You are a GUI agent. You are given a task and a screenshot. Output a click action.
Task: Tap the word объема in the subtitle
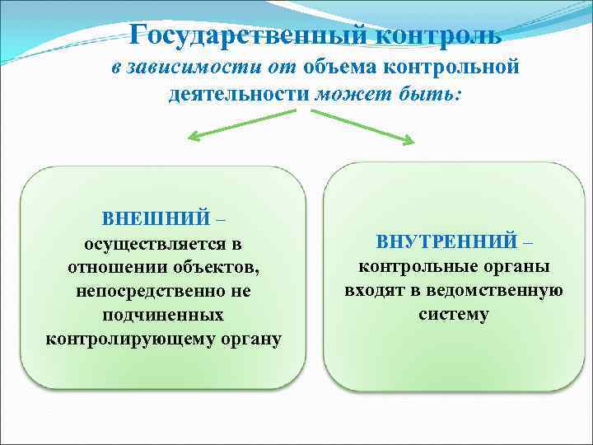[x=335, y=67]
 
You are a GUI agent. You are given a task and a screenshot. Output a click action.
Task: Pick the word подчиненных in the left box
[x=163, y=316]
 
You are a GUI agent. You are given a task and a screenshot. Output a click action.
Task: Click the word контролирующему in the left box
[x=128, y=340]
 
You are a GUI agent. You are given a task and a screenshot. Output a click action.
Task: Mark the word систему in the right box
[x=453, y=314]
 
